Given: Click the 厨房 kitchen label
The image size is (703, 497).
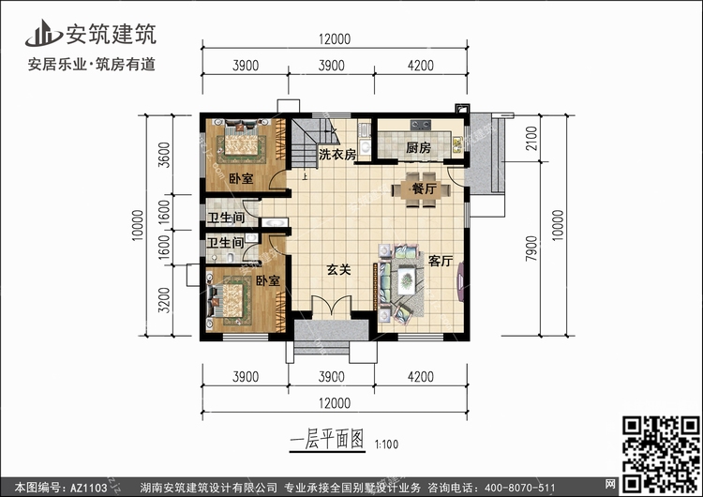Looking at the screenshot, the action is pos(418,147).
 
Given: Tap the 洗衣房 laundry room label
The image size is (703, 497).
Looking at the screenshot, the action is pos(337,155).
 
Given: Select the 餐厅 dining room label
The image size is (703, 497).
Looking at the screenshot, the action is pos(424,188).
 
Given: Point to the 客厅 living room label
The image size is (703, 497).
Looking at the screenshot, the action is pos(441,261).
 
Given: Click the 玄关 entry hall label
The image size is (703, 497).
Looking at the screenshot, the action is pos(338,269).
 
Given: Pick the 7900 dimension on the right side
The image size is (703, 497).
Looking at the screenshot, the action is pos(531,248).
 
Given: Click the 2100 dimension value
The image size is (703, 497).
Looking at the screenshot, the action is pos(531,138).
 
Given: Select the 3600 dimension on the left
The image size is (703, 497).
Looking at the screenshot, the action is pos(165,155).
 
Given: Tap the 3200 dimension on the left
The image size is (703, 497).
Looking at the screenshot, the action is pos(165,300).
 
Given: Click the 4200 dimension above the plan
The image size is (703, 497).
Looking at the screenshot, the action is pos(421,66).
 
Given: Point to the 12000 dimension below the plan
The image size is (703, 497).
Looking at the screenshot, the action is pos(335,403).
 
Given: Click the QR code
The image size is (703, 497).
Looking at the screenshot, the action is pos(661,454).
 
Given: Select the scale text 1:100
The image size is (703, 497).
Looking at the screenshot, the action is pos(386,444).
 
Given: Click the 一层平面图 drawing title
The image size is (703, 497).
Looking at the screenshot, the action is pos(327,439).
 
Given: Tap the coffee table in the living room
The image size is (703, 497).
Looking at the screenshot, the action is pos(407,279).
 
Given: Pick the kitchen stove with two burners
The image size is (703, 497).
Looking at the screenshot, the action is pos(421,124).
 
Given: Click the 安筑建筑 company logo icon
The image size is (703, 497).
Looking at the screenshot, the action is pos(43,34).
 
